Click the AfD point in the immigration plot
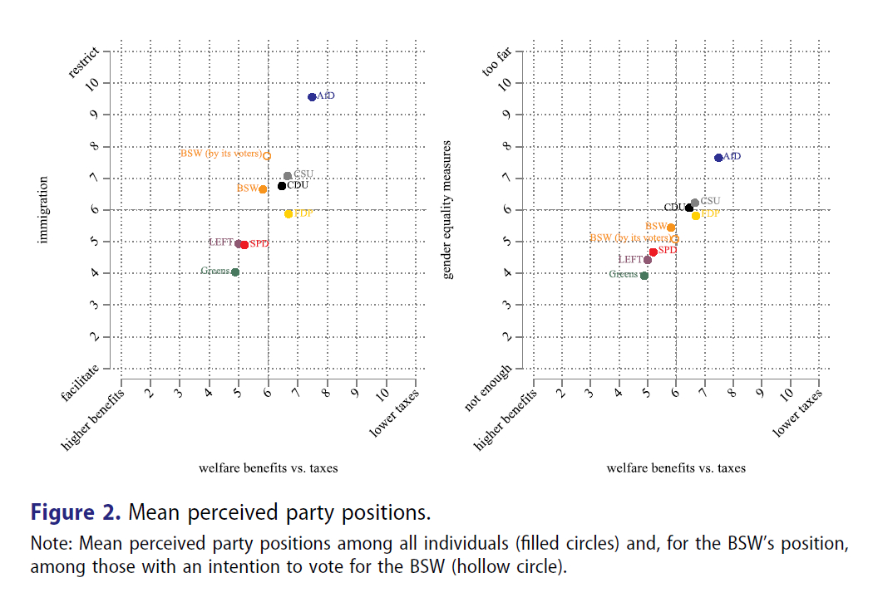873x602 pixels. [x=312, y=97]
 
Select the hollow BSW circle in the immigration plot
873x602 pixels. [x=267, y=155]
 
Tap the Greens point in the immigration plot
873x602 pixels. [x=235, y=272]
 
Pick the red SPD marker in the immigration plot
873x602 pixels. [x=244, y=245]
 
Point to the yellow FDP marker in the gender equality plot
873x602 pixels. [x=696, y=215]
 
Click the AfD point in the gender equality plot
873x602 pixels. [x=718, y=157]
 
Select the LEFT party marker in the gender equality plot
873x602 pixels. [x=648, y=260]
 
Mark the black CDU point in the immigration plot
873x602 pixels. [x=282, y=186]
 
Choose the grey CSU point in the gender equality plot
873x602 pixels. [x=695, y=203]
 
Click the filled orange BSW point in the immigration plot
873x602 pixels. [x=263, y=189]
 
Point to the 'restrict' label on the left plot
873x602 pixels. [x=85, y=64]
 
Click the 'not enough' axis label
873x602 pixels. [x=486, y=389]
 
